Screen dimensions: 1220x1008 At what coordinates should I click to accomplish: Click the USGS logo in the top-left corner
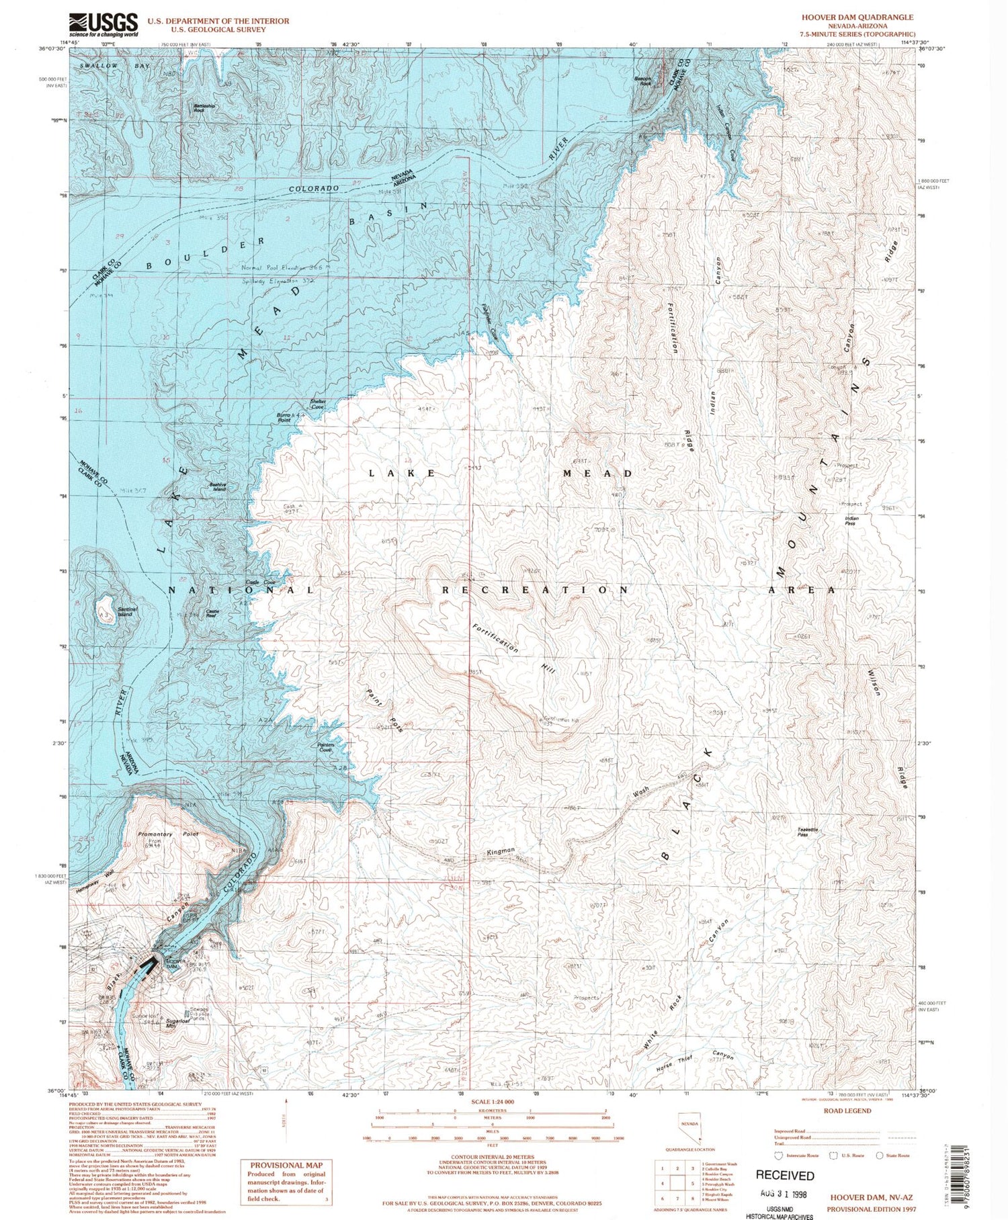[103, 25]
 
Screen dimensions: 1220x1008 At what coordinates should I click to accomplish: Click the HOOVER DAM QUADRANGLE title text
[857, 17]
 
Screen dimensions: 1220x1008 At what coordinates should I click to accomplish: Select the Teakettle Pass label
[807, 832]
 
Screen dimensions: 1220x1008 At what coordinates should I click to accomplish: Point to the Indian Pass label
[851, 521]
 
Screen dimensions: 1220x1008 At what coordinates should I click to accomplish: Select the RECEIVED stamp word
[784, 1175]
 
